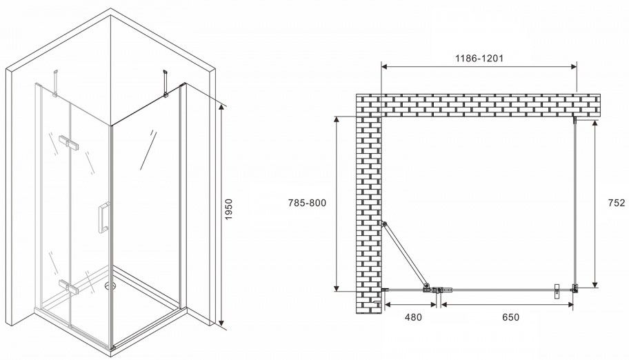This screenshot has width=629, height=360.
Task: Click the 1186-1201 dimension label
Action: pos(479,58)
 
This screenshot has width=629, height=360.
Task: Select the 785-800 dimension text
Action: pos(308,203)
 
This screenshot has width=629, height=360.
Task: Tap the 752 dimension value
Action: pos(617,203)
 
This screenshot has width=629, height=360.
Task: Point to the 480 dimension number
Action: pos(413,317)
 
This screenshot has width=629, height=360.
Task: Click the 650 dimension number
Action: pos(510,317)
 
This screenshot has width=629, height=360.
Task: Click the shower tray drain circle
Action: pos(110,286)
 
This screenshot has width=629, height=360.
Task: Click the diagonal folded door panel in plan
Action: pos(405,255)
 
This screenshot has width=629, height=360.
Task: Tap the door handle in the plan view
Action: pos(557,292)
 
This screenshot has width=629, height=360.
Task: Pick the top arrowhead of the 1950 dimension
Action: pos(221,106)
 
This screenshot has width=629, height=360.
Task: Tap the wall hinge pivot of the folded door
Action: pos(384,223)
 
